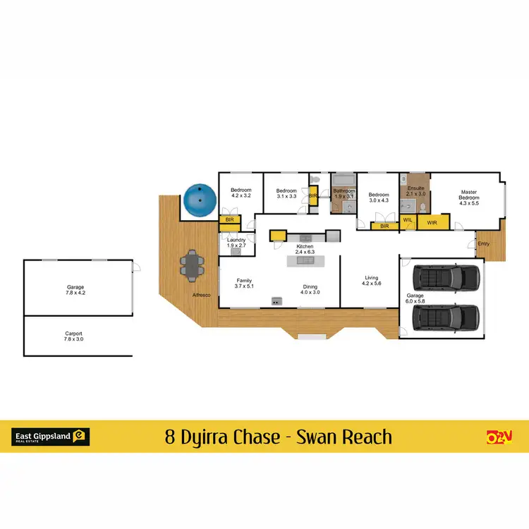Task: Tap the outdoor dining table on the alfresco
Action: [x=192, y=264]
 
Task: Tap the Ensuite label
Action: [x=416, y=191]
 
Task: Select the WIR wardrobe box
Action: [x=432, y=223]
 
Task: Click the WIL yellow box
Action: [x=407, y=221]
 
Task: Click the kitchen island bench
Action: [x=305, y=260]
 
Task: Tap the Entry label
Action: [x=483, y=243]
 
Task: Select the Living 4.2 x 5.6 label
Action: [x=371, y=280]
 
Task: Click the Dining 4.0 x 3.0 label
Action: [x=310, y=289]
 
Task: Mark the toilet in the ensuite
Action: [x=420, y=207]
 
